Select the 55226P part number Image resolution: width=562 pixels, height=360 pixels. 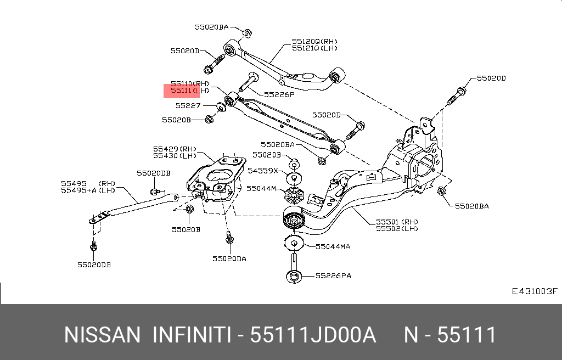click(279, 94)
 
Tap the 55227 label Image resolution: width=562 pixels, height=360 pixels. click(188, 105)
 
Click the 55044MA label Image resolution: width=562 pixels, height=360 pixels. click(333, 247)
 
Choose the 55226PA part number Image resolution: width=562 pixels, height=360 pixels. click(333, 275)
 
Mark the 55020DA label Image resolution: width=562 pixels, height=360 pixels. click(229, 258)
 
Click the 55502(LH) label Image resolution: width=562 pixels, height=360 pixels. click(397, 228)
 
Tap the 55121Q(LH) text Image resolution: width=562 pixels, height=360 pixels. click(314, 48)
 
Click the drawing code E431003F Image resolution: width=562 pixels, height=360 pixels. click(534, 291)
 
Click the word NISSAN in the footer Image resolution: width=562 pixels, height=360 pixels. click(103, 335)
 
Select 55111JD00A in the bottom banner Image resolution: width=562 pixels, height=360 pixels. click(313, 335)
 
